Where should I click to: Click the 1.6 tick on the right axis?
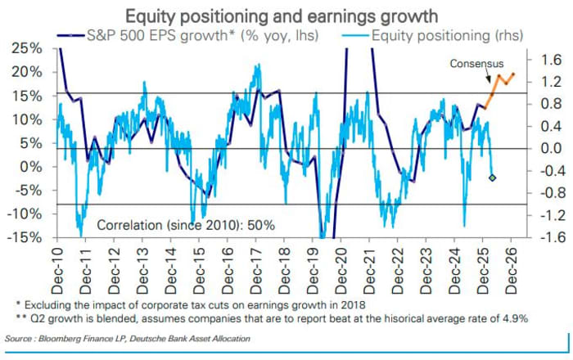[551, 60]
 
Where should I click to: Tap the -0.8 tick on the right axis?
[548, 194]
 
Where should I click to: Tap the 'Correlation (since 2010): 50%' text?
[186, 223]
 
